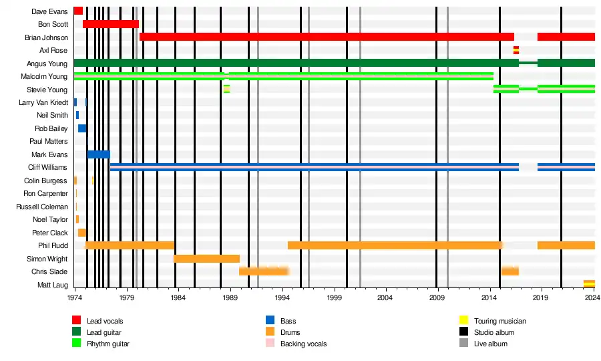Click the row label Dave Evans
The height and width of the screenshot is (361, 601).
click(x=49, y=11)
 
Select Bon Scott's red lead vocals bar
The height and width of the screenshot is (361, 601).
click(x=110, y=24)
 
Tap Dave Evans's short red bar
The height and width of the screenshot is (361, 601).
click(x=78, y=11)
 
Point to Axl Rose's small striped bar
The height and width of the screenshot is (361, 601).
click(x=516, y=50)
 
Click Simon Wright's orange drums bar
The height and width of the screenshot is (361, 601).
click(x=206, y=259)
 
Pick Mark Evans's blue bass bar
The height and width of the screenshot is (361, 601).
click(x=98, y=154)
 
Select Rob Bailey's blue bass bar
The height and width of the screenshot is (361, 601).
click(x=82, y=128)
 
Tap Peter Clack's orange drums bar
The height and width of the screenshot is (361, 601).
click(x=81, y=233)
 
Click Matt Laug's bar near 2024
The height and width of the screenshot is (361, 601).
click(x=589, y=284)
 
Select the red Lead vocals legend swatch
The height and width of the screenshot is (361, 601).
click(x=77, y=321)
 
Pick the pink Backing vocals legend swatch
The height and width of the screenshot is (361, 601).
click(x=270, y=344)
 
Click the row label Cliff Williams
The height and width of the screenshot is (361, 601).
click(x=47, y=167)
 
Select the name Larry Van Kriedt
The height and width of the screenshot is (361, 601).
click(x=43, y=102)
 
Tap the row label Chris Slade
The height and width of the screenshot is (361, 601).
click(x=49, y=271)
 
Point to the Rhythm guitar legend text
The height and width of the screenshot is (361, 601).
click(x=108, y=344)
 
